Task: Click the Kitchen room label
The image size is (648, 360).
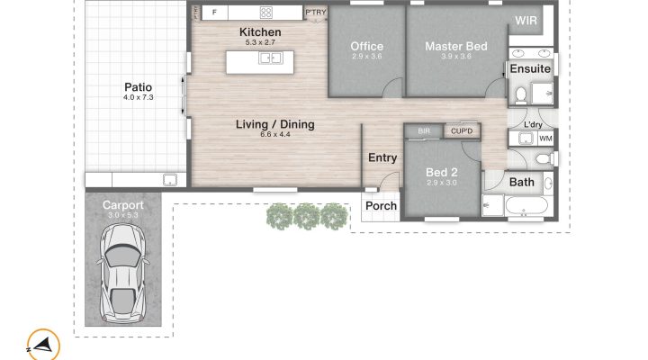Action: pos(260,31)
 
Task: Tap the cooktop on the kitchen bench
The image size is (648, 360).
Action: pos(265,13)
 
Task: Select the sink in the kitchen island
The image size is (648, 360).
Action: pos(270,58)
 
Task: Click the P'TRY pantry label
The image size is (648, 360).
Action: pos(316,13)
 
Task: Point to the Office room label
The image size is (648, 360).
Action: pos(366,46)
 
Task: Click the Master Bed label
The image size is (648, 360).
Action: pos(456,46)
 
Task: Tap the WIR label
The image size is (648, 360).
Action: pos(526,21)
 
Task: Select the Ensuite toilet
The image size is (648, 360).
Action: pos(521,95)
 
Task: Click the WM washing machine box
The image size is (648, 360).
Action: pos(545,139)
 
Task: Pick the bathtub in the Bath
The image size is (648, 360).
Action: pos(526,205)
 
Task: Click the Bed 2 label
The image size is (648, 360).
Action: pos(441,173)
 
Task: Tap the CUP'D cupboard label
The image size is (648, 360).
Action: pos(462,131)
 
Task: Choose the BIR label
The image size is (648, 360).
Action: pos(424,131)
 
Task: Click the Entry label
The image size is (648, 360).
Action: pos(382,157)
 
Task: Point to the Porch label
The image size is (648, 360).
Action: pos(381,205)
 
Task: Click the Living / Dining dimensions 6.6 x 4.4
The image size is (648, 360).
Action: pos(274,134)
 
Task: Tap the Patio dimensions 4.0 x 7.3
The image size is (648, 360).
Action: pos(138,97)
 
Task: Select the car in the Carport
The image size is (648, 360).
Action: pos(122,273)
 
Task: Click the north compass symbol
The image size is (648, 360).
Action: pos(43,345)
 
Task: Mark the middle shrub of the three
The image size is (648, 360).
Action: pos(307,216)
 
